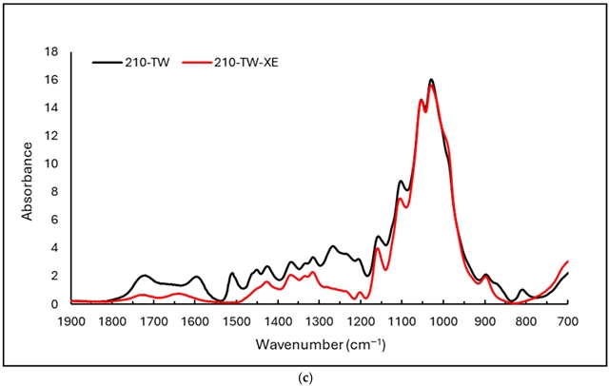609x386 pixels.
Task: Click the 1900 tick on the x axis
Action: click(72, 320)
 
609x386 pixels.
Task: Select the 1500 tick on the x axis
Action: click(238, 320)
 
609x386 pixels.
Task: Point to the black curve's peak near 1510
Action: click(232, 273)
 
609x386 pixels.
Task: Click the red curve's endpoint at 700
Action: click(568, 261)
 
